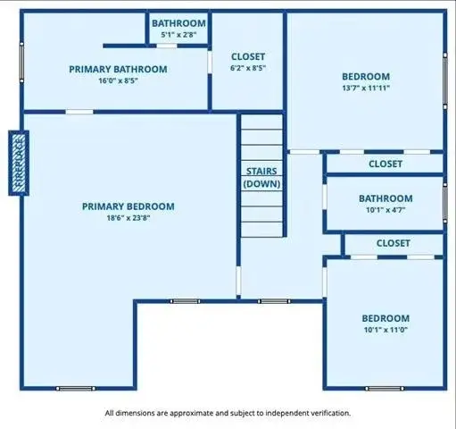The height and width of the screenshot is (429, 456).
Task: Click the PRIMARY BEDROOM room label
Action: (x=128, y=206)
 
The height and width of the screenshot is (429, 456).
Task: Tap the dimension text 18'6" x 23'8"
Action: (x=128, y=218)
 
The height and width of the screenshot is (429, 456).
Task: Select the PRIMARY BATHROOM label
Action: (x=119, y=68)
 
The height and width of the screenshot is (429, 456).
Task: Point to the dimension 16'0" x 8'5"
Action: (x=119, y=80)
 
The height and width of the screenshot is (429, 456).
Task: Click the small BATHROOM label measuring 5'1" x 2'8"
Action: (x=178, y=23)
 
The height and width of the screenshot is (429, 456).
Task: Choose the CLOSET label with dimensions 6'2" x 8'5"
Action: (x=247, y=56)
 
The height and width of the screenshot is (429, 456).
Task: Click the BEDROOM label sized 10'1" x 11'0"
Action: (x=385, y=318)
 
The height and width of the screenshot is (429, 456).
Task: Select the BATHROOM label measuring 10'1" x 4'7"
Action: (x=385, y=198)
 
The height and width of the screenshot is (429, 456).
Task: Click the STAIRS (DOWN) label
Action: (x=262, y=176)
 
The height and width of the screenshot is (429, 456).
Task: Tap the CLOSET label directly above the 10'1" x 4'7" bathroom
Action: (x=385, y=164)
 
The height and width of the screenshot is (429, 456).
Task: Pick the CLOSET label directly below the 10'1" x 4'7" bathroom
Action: (x=393, y=243)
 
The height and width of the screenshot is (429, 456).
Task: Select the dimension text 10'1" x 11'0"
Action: (x=385, y=330)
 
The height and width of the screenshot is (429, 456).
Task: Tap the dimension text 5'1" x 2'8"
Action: (x=178, y=35)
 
